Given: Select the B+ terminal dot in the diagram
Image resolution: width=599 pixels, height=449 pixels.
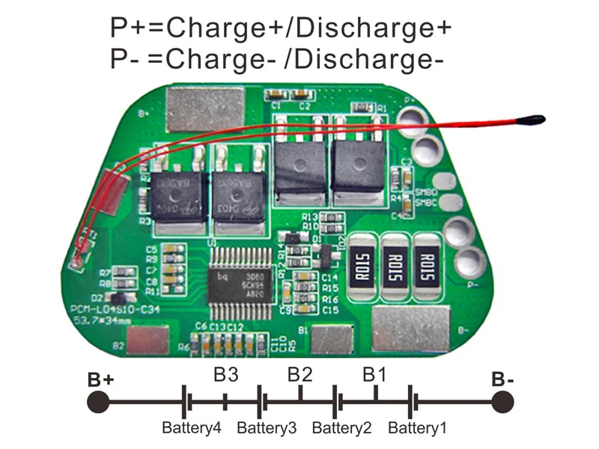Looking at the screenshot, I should [x=97, y=402].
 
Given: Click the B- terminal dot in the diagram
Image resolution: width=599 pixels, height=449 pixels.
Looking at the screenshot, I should [x=502, y=402].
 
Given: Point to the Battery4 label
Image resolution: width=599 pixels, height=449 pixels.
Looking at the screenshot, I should [x=192, y=429].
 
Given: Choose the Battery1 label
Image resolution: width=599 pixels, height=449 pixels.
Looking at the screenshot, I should [x=417, y=429].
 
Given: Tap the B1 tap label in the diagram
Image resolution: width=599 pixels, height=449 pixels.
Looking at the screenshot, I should [x=375, y=374].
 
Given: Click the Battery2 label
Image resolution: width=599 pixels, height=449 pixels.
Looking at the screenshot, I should [x=341, y=429].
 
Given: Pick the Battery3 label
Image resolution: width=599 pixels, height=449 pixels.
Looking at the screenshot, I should [x=267, y=429].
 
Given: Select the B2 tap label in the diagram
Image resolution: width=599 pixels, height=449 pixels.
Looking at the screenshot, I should [x=300, y=374].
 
